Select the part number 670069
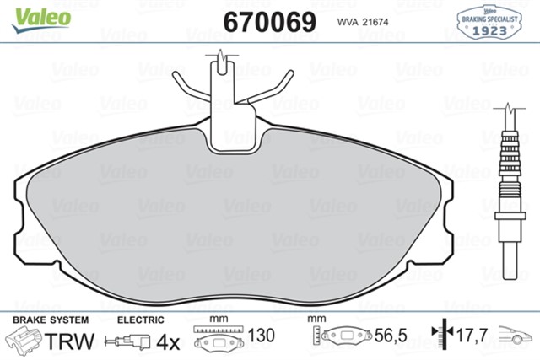tap(268, 21)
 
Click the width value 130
tap(263, 336)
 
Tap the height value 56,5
tap(391, 336)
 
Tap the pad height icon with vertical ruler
tap(341, 337)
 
